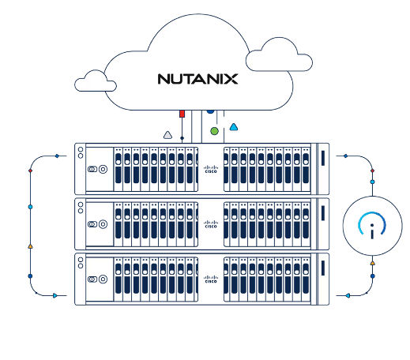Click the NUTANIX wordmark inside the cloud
197,79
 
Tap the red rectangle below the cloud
182,114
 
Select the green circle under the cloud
213,131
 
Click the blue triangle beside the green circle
233,127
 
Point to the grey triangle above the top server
167,135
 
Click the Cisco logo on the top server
209,170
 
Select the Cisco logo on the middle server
209,225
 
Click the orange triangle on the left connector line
30,246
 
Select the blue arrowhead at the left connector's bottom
55,295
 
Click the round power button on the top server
103,170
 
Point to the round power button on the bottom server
103,279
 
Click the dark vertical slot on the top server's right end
322,158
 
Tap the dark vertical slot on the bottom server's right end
322,268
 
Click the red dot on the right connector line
372,171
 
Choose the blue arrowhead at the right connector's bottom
348,295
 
